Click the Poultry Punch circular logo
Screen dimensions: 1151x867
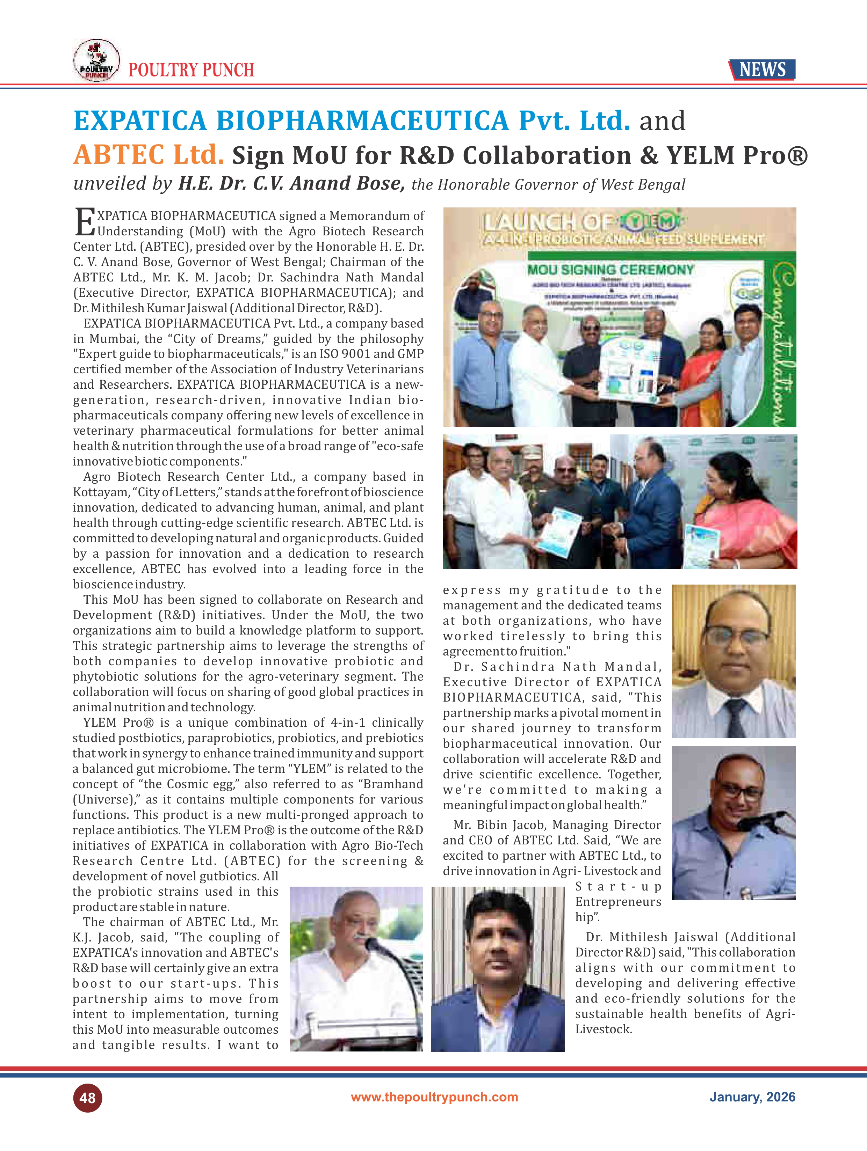point(96,60)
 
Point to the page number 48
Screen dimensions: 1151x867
point(87,1098)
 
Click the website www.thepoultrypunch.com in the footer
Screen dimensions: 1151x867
point(434,1097)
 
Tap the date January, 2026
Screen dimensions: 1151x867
point(752,1097)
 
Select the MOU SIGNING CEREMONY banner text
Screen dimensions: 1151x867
point(610,270)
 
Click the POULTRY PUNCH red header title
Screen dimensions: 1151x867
point(191,70)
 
